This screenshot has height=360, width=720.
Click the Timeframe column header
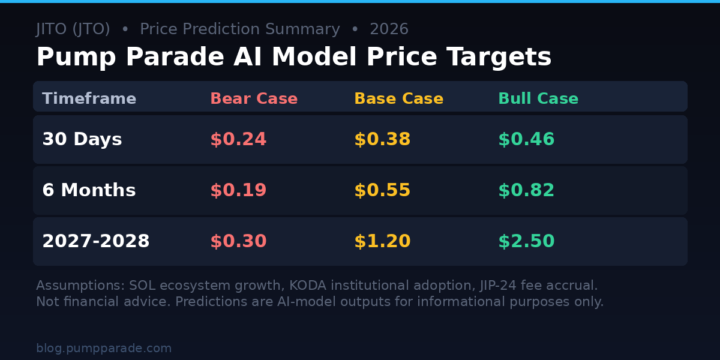(x=89, y=99)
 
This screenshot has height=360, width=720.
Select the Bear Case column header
(x=254, y=99)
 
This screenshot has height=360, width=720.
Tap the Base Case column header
(x=398, y=99)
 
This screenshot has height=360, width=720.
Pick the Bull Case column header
(x=538, y=99)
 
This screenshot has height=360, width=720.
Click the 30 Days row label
(x=82, y=140)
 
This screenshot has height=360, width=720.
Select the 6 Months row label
(x=89, y=191)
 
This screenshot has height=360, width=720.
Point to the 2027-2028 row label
(x=95, y=242)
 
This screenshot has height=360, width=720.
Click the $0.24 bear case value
(x=238, y=140)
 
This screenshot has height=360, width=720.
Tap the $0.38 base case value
(x=382, y=140)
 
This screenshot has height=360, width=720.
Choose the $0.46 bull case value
(x=526, y=140)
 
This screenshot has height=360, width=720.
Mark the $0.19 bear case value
(x=238, y=191)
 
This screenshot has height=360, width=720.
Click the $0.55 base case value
(x=382, y=191)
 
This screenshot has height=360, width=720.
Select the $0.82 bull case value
(x=526, y=191)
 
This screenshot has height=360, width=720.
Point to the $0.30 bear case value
(x=238, y=242)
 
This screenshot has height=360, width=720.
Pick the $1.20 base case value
(x=382, y=242)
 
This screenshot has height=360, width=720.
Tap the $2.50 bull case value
(x=526, y=242)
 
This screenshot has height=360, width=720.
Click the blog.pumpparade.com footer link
(x=104, y=349)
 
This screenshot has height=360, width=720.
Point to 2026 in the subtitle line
(x=389, y=29)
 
